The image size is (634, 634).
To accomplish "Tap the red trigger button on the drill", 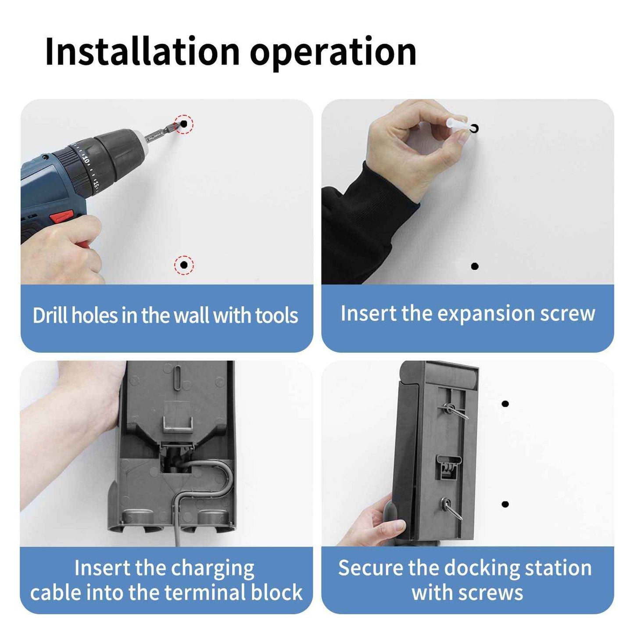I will tap(61, 217).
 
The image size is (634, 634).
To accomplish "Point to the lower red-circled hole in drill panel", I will tap(184, 265).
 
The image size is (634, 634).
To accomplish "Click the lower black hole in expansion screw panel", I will tap(474, 266).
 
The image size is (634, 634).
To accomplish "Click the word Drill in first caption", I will tap(50, 315).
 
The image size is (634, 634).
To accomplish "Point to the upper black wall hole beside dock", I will tap(505, 404).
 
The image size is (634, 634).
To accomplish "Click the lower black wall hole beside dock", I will tap(505, 504).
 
